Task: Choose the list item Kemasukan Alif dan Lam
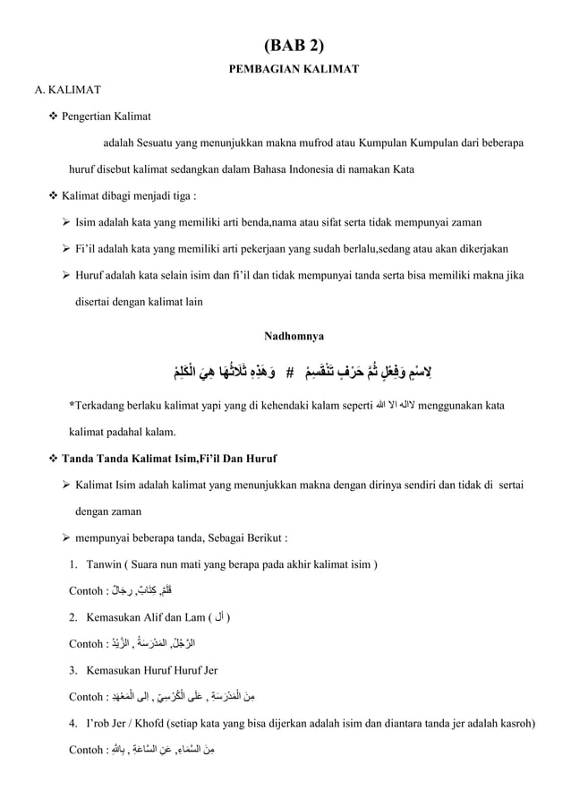pos(152,617)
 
